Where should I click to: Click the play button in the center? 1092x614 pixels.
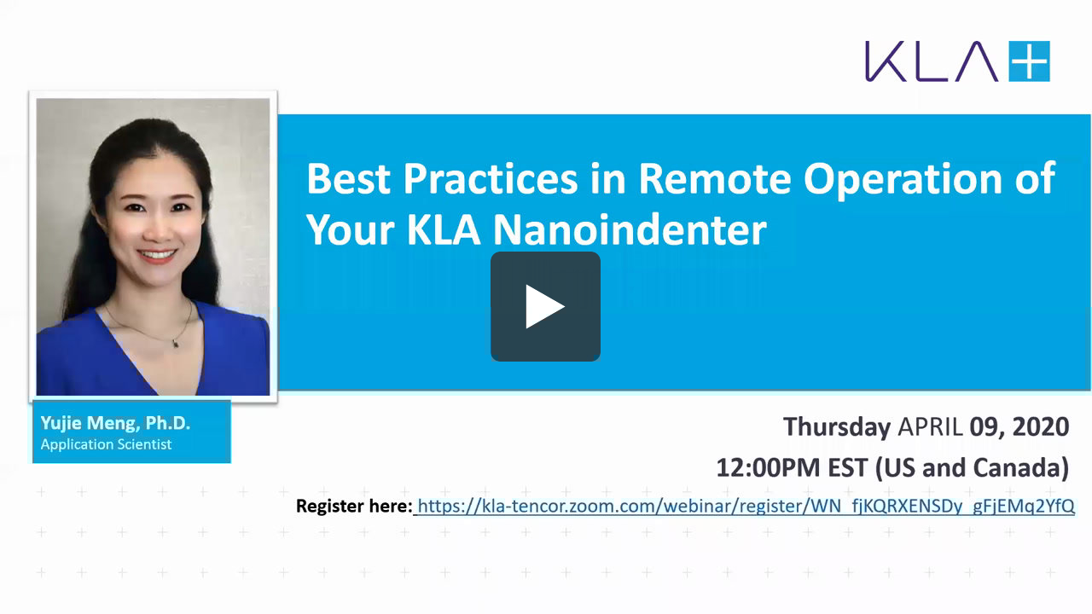coord(545,306)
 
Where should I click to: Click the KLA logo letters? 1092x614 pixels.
coord(931,61)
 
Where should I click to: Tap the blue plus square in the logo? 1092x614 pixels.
coord(1029,61)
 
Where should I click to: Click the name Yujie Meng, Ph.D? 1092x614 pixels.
coord(115,423)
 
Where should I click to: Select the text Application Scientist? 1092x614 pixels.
coord(106,444)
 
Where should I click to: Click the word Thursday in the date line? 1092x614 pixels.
coord(836,426)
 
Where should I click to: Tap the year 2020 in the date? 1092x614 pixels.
coord(1041,426)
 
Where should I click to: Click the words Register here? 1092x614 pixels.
coord(353,506)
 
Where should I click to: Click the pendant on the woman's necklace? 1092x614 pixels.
coord(175,342)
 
